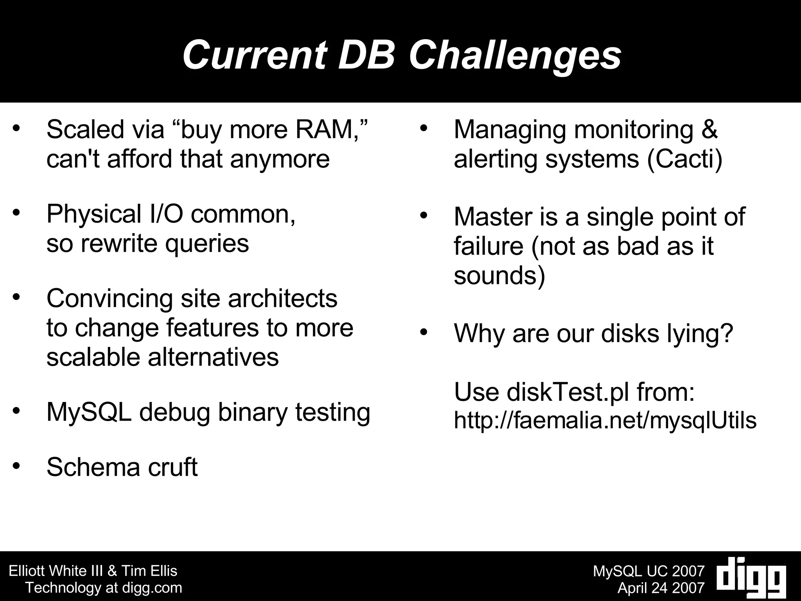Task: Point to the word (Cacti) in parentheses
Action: pyautogui.click(x=685, y=159)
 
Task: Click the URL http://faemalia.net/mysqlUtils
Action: pyautogui.click(x=605, y=421)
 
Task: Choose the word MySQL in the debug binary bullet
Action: pyautogui.click(x=89, y=412)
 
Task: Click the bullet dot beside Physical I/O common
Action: pyautogui.click(x=16, y=213)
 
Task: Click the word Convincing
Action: pyautogui.click(x=110, y=298)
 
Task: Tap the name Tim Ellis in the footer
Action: pyautogui.click(x=149, y=571)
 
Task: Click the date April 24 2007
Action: pyautogui.click(x=661, y=588)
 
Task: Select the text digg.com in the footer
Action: pyautogui.click(x=153, y=588)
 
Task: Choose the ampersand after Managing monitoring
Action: pyautogui.click(x=709, y=129)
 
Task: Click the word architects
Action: pyautogui.click(x=282, y=298)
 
